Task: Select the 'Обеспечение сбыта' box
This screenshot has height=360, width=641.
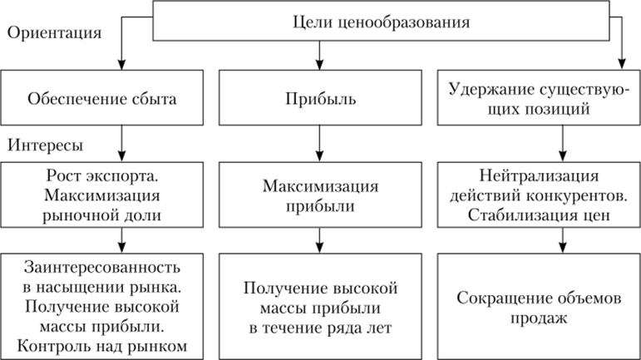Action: click(104, 100)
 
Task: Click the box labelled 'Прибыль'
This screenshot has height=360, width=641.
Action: click(320, 100)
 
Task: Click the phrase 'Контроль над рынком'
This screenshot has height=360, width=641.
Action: click(104, 343)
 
